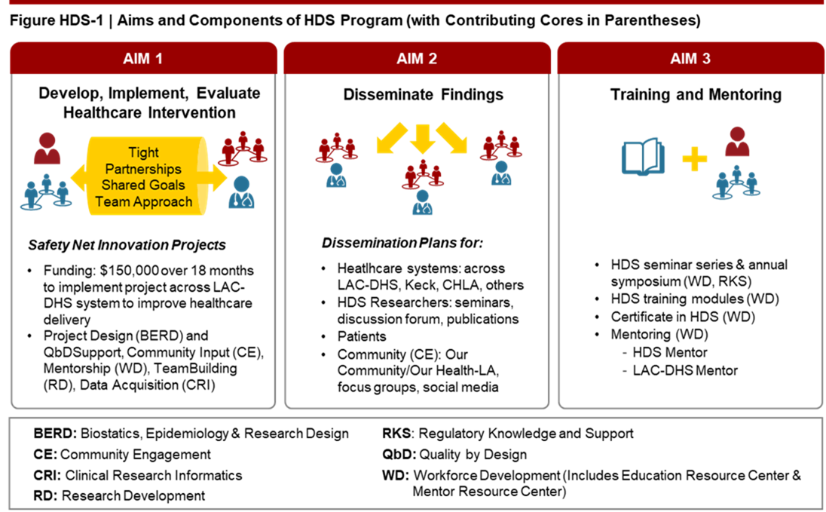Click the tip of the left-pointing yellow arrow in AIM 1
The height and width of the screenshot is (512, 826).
pos(71,178)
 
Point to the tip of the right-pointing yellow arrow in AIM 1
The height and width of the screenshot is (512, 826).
pos(227,178)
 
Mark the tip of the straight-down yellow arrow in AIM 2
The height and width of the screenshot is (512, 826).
pos(423,153)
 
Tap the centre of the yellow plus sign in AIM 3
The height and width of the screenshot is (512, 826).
pos(694,158)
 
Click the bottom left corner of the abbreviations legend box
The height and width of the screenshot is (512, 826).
pos(10,509)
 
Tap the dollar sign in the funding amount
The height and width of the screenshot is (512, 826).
pos(104,271)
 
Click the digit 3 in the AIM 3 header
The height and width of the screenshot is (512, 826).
pos(706,59)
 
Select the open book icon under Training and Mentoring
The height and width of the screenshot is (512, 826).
pos(643,156)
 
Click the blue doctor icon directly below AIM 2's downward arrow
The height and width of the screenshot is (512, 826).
pos(423,202)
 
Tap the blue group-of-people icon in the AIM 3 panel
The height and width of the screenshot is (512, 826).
pos(736,182)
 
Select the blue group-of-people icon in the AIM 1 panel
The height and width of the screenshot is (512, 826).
pos(47,192)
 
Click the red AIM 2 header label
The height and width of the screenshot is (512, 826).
pos(417,59)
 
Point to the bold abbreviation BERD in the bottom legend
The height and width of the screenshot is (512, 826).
pos(56,434)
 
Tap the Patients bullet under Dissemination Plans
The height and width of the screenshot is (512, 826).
pos(362,336)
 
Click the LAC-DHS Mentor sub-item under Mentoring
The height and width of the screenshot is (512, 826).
pos(685,371)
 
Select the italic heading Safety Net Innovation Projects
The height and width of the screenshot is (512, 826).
pos(127,245)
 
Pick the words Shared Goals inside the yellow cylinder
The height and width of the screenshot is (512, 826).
pos(143,185)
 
